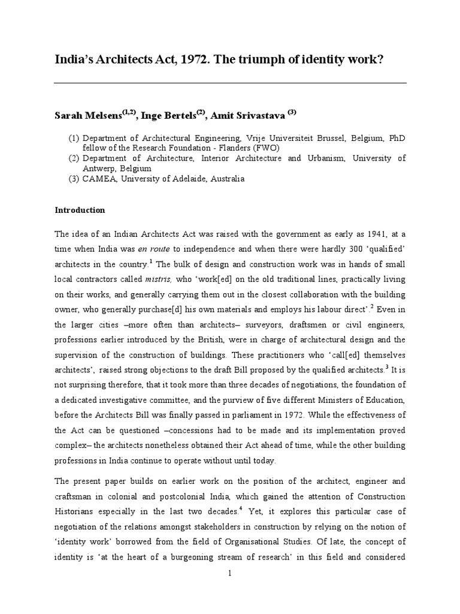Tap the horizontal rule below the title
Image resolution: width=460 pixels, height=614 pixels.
[230, 83]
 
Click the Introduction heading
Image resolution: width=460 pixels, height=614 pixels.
[80, 210]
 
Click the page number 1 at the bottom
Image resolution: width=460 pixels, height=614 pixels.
[230, 573]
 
